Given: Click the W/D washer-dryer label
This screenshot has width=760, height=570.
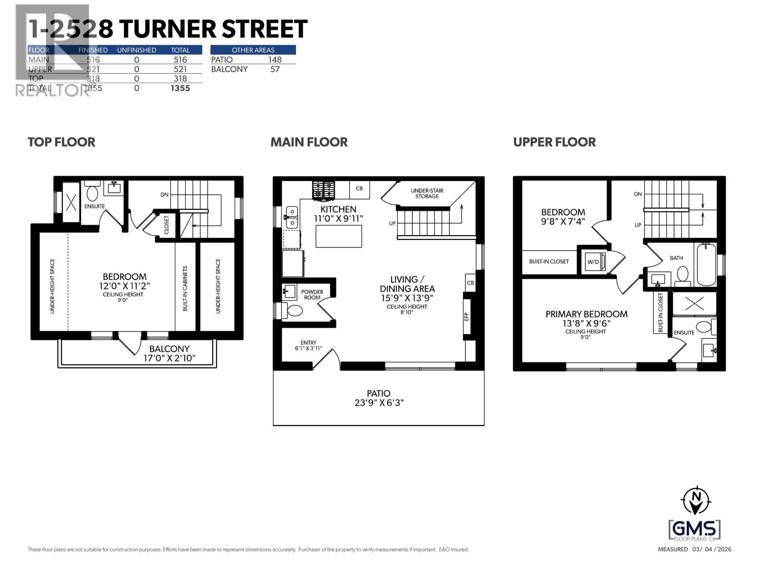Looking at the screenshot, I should click(593, 262).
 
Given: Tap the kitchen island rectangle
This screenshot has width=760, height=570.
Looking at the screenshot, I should click(339, 236).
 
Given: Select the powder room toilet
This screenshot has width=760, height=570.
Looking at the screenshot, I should click(294, 311).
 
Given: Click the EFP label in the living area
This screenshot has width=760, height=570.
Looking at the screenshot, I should click(466, 316).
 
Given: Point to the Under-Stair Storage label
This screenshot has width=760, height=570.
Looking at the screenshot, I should click(427, 193).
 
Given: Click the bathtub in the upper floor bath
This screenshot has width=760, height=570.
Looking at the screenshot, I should click(707, 264).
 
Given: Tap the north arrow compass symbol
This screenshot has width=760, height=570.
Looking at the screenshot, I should click(696, 500).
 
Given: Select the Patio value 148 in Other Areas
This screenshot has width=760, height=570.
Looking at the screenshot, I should click(275, 60).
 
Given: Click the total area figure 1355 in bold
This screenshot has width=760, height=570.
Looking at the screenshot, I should click(180, 88).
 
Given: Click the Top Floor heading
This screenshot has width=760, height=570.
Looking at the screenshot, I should click(61, 142).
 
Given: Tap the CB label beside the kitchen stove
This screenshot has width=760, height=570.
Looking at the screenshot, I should click(359, 189).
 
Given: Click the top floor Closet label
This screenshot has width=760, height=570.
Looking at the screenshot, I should click(167, 225).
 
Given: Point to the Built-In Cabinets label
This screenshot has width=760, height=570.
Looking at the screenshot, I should click(185, 288).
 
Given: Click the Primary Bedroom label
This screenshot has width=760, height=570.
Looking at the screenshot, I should click(586, 314).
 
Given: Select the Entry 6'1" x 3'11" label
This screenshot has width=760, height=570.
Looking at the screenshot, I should click(308, 345).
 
